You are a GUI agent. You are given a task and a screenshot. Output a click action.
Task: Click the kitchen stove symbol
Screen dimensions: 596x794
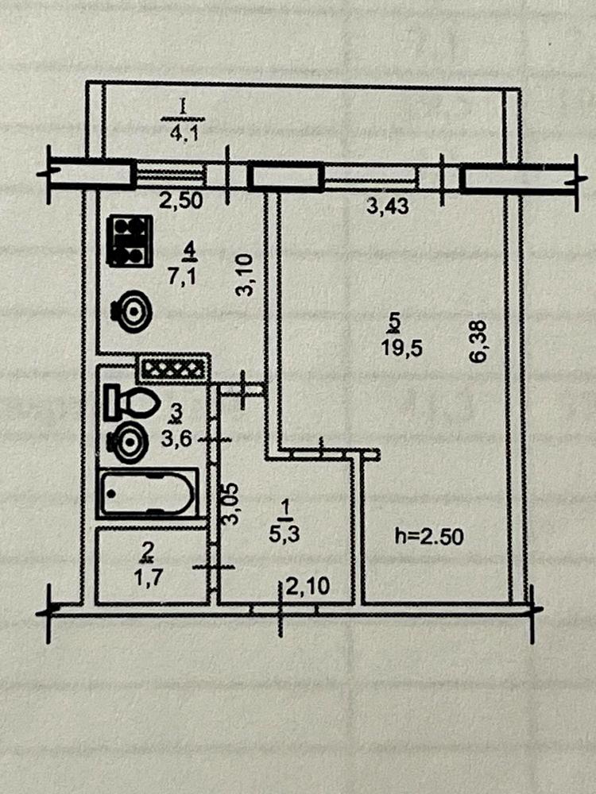click(130, 241)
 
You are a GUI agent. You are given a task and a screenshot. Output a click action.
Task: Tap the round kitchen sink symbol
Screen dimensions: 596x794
click(131, 311)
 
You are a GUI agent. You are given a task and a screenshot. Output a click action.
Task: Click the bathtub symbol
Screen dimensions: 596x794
click(148, 493)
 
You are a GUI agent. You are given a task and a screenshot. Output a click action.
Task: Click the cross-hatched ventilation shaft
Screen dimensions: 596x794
click(172, 368)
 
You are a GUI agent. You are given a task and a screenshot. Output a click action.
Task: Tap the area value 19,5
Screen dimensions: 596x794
click(402, 349)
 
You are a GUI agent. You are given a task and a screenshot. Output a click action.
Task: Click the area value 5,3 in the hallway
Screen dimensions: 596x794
click(284, 534)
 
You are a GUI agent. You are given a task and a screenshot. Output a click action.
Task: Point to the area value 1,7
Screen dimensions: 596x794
click(148, 577)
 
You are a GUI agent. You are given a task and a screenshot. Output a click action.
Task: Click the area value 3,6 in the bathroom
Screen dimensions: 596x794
click(177, 438)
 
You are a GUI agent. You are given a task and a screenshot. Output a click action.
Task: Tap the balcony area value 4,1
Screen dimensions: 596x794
click(184, 136)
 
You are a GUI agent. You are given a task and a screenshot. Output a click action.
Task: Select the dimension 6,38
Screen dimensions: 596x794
click(478, 341)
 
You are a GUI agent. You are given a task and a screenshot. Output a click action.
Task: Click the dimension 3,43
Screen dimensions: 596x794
click(388, 206)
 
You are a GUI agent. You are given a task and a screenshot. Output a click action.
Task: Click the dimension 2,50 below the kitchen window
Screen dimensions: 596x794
click(181, 201)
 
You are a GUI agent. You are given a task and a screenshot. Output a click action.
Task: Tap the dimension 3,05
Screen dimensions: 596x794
click(231, 503)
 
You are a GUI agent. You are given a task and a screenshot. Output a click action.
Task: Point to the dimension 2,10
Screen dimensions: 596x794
click(308, 587)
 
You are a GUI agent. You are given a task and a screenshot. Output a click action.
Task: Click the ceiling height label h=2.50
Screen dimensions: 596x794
click(429, 537)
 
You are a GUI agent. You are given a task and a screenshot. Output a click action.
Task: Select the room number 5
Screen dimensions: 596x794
click(395, 321)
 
